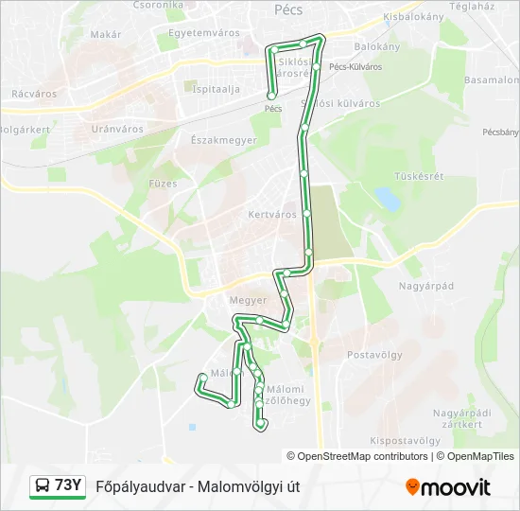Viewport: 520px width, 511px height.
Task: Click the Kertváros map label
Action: coord(272,215)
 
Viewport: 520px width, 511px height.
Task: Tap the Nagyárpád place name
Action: coord(426,285)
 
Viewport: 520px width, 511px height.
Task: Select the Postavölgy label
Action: coord(375,355)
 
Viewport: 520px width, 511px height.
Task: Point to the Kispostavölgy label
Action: coord(405,441)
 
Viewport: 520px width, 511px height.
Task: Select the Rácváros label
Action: coord(33,95)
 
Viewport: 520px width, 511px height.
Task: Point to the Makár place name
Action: coord(106,34)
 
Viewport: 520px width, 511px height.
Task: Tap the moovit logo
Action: coord(448,487)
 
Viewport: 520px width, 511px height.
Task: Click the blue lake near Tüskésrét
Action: coord(387,199)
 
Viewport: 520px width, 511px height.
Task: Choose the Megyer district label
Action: coord(249,300)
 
